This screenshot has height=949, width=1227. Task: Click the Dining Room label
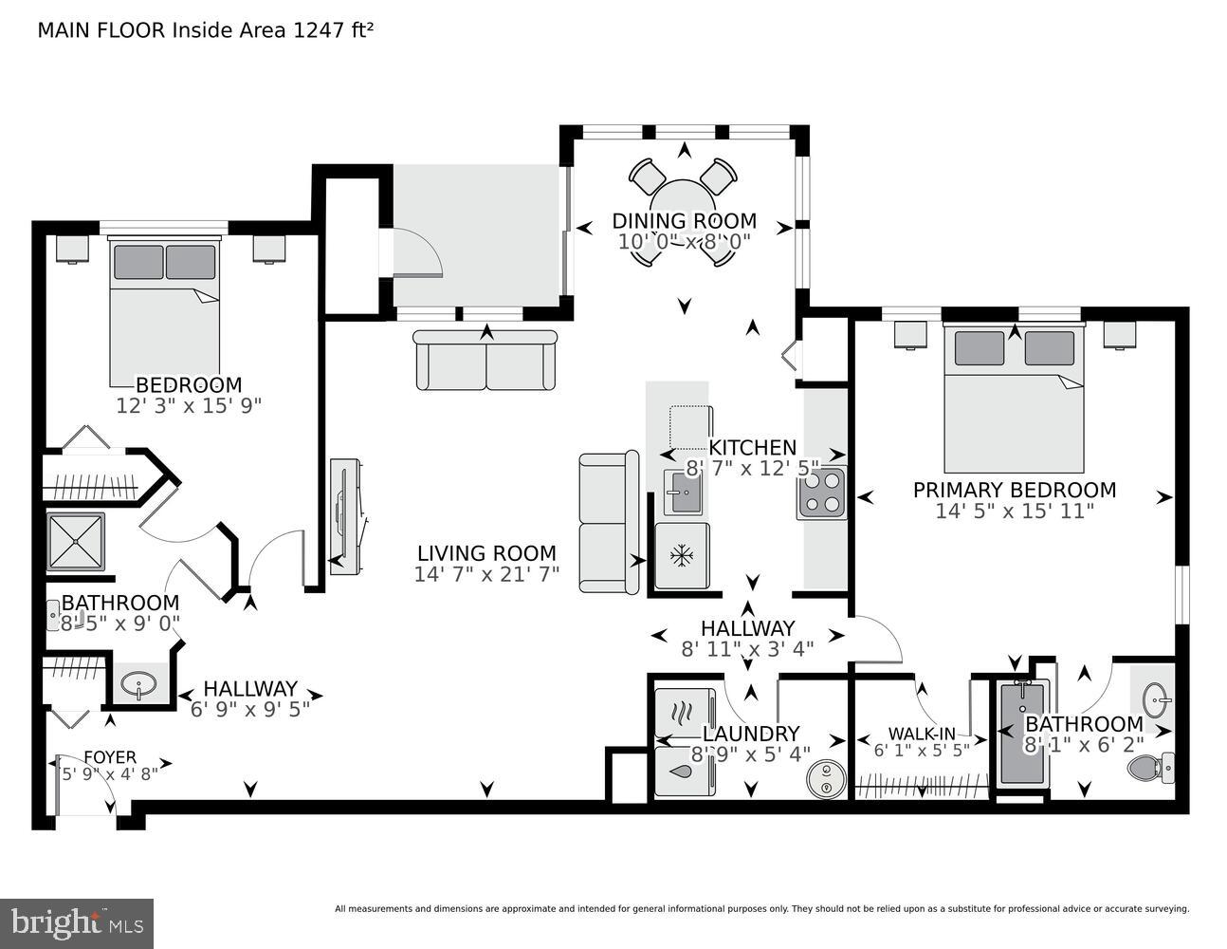pos(684,221)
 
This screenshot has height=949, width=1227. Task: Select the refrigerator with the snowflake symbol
pos(681,555)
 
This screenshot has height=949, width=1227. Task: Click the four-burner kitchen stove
pos(821,493)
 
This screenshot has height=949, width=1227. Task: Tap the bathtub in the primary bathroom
pos(1021,735)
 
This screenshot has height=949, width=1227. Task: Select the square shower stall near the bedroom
pos(76,542)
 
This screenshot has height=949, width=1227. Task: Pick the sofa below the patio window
pos(486,361)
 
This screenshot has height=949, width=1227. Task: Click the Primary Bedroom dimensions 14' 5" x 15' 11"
pos(1015,511)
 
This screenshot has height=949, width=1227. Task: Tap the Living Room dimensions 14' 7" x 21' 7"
pos(486,574)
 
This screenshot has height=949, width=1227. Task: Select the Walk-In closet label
pos(921,734)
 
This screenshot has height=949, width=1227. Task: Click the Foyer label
pos(110,756)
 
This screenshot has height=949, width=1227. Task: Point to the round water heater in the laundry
pos(826,778)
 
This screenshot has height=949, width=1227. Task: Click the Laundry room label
pos(751,734)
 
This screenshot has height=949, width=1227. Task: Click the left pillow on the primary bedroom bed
pos(979,348)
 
